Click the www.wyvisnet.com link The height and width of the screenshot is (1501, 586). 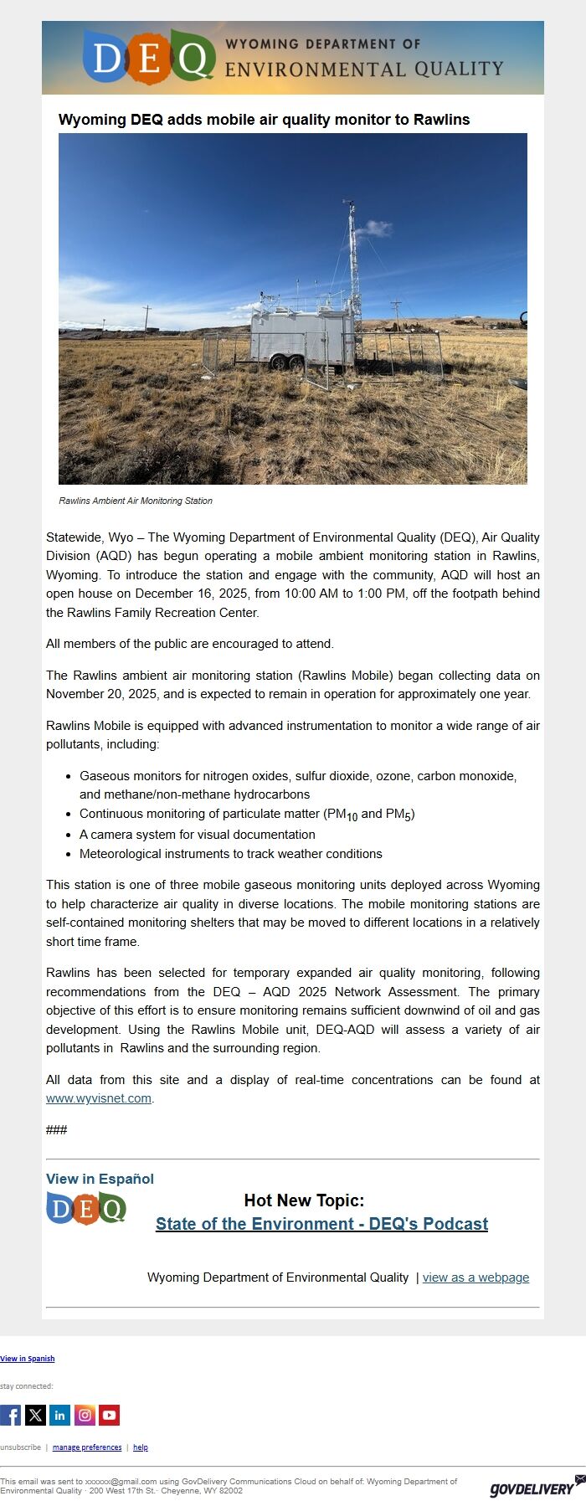click(99, 1098)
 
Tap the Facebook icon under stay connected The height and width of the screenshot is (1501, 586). click(11, 1415)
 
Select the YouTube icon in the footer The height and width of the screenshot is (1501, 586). click(109, 1415)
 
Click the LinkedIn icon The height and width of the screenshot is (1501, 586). click(59, 1415)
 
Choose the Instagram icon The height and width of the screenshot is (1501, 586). click(85, 1415)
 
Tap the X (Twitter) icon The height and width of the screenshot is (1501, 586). click(35, 1415)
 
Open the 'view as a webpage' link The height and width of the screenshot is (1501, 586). click(475, 1277)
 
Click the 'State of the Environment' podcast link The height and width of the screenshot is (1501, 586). click(321, 1224)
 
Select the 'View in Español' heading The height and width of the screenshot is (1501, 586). click(100, 1179)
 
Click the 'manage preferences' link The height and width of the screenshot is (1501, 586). click(87, 1447)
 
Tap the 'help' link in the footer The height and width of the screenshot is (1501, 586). click(141, 1447)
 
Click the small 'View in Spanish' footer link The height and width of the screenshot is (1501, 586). click(28, 1359)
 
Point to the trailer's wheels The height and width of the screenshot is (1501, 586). click(285, 362)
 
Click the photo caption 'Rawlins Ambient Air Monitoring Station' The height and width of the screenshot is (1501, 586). click(136, 501)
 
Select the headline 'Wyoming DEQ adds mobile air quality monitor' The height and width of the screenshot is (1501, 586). click(264, 120)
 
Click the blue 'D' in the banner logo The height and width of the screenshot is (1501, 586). click(107, 59)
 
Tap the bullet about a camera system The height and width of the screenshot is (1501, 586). click(197, 835)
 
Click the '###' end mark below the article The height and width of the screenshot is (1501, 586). click(56, 1130)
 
